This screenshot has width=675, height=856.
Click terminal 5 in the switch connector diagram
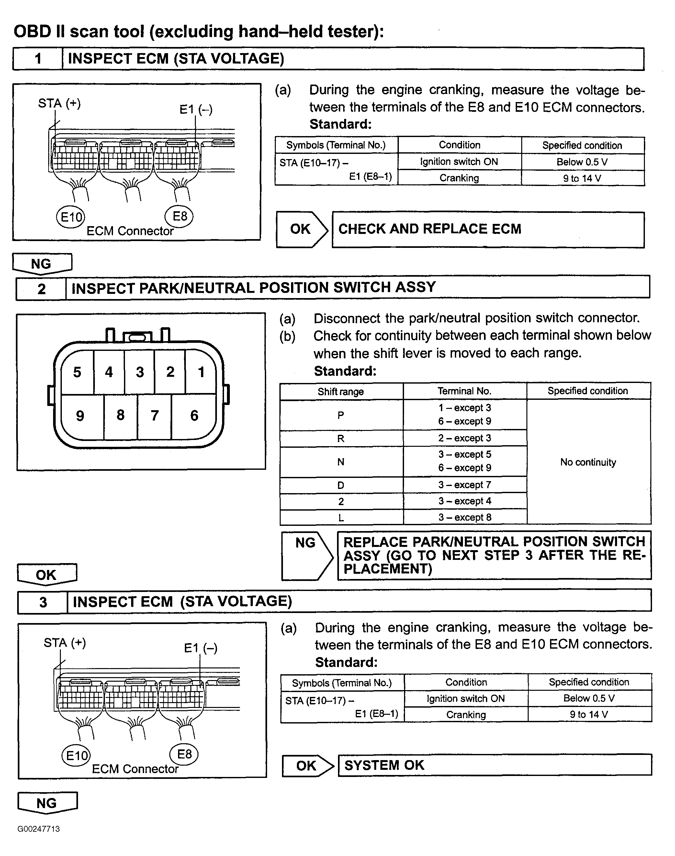click(x=77, y=372)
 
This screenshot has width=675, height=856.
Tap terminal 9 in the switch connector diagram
click(x=80, y=416)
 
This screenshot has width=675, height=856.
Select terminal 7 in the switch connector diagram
click(x=154, y=415)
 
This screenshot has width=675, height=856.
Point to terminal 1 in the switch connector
click(x=201, y=372)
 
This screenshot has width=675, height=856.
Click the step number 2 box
click(x=41, y=289)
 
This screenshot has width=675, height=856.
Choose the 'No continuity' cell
click(x=588, y=462)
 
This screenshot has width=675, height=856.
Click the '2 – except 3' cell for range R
click(x=465, y=438)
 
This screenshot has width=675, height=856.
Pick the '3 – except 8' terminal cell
click(x=465, y=517)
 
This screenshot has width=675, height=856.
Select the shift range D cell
click(x=341, y=485)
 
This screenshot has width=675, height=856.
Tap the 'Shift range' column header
click(x=341, y=392)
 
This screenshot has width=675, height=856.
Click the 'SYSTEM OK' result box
click(x=494, y=765)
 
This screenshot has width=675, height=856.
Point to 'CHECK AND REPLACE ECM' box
click(x=488, y=229)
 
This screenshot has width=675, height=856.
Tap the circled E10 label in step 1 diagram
click(x=71, y=217)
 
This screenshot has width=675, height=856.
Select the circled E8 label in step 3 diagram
click(x=184, y=754)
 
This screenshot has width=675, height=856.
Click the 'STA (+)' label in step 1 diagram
click(x=59, y=104)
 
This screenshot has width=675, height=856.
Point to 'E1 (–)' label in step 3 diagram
click(x=201, y=648)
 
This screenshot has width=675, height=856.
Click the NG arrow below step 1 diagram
click(x=42, y=264)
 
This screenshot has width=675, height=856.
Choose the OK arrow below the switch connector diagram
click(x=47, y=574)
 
